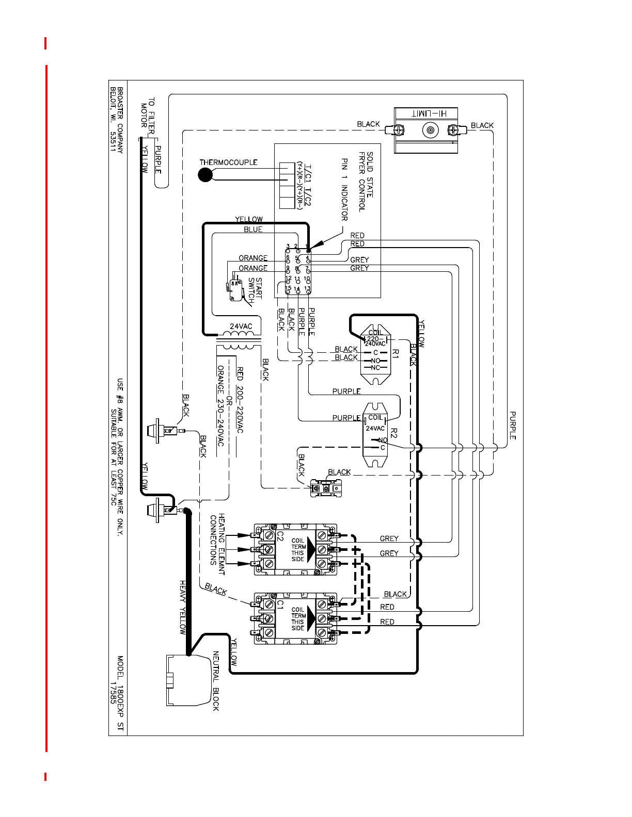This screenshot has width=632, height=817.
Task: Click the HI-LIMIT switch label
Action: (x=426, y=113)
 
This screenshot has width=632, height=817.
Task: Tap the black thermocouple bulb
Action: (x=205, y=175)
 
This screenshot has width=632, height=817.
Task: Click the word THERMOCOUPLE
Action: (x=228, y=162)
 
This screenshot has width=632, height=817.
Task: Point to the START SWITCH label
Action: (x=255, y=288)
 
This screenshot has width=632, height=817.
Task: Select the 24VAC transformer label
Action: (x=241, y=326)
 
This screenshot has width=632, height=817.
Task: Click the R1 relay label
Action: (x=396, y=353)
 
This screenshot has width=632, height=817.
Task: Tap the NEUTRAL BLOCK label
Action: (x=216, y=681)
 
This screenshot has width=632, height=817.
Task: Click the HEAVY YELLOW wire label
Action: (x=182, y=607)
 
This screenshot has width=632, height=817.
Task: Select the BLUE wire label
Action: (x=253, y=230)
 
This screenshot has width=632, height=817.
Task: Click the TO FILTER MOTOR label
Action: (x=148, y=116)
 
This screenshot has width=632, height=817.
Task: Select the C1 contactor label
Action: (x=280, y=603)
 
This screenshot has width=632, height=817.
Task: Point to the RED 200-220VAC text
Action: (x=240, y=400)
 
